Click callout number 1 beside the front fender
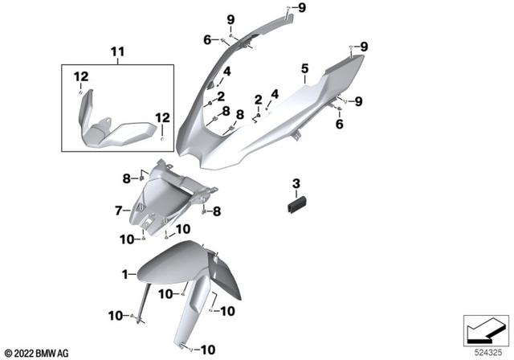[x=125, y=275]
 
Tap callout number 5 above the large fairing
[x=304, y=69]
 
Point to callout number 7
[x=117, y=211]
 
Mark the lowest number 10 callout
[x=208, y=350]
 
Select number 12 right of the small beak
[x=163, y=117]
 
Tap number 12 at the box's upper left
[x=80, y=76]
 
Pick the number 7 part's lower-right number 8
[x=217, y=211]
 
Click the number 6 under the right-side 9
[x=339, y=125]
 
